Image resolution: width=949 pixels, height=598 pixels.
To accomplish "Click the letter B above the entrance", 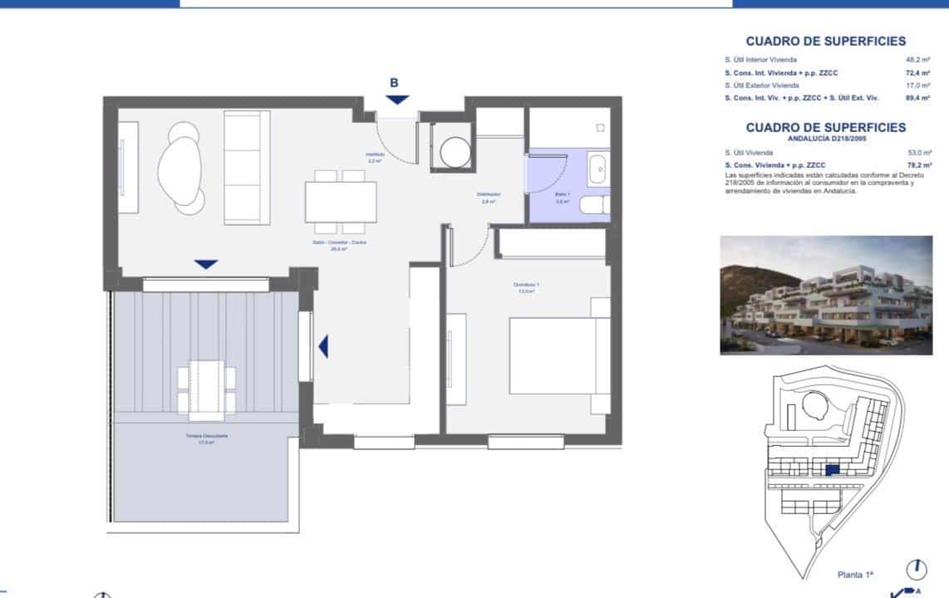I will click(x=395, y=82).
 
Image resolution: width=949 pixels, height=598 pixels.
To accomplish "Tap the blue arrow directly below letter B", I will click(x=397, y=100).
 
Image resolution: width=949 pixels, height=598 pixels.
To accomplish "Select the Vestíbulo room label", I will click(x=374, y=157).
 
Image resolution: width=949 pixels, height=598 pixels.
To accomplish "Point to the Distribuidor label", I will click(x=488, y=198).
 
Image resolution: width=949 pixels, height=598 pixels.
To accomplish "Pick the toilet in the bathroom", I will click(x=593, y=205).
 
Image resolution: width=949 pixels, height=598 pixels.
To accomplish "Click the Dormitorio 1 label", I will click(x=527, y=288).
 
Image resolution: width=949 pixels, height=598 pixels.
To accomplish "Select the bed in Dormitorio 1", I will click(x=553, y=356).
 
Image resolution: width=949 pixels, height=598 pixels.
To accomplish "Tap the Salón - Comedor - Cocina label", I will click(x=338, y=245).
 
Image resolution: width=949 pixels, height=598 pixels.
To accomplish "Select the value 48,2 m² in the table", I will click(x=917, y=60).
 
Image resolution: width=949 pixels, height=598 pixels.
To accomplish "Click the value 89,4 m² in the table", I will click(x=917, y=98).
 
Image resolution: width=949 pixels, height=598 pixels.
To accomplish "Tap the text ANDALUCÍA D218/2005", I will click(x=825, y=140).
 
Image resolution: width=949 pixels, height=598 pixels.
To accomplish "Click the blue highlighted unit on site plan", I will click(x=833, y=470).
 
